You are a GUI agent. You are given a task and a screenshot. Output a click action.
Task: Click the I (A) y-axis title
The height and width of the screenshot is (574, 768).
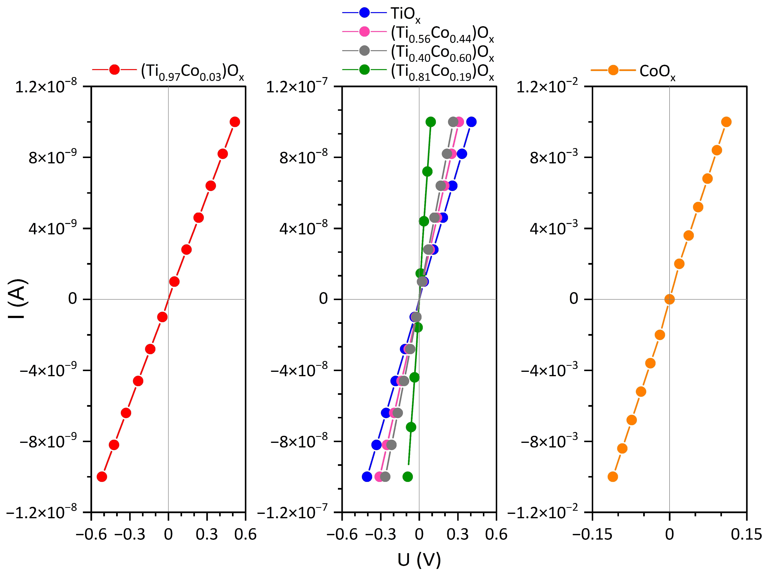click(x=17, y=299)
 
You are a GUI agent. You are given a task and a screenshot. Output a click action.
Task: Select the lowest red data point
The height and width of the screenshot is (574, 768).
click(x=102, y=476)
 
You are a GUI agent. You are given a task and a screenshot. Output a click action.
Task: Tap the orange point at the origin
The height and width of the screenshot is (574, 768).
click(x=669, y=299)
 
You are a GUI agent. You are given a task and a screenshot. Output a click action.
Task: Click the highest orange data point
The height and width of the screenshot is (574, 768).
click(x=726, y=122)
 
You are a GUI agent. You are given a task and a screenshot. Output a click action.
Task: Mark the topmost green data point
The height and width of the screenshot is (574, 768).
click(x=431, y=122)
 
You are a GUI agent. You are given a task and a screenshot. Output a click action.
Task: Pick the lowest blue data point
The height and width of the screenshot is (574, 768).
click(x=367, y=476)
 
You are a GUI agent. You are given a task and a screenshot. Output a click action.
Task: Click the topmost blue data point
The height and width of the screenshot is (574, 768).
click(x=471, y=122)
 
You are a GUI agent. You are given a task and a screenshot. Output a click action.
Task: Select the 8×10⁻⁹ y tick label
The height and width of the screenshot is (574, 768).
click(x=52, y=157)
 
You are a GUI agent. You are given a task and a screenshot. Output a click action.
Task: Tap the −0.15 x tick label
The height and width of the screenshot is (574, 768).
click(x=592, y=534)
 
